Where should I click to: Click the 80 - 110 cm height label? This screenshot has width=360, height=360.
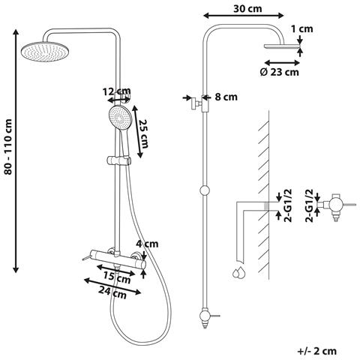[x=8, y=147]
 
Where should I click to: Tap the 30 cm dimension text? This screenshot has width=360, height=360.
[x=247, y=9]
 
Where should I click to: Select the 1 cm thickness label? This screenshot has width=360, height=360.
[x=302, y=29]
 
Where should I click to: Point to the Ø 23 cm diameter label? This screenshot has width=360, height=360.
[x=279, y=72]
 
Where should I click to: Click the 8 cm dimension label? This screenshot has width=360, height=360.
[x=226, y=97]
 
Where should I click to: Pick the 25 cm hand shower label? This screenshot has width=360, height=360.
[x=144, y=133]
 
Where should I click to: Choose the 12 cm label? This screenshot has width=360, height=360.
[x=116, y=91]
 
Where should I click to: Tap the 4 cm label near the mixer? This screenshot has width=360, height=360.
[x=147, y=244]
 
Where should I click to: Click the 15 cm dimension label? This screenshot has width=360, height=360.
[x=117, y=277]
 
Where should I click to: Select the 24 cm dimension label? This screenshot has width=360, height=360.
[x=112, y=292]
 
